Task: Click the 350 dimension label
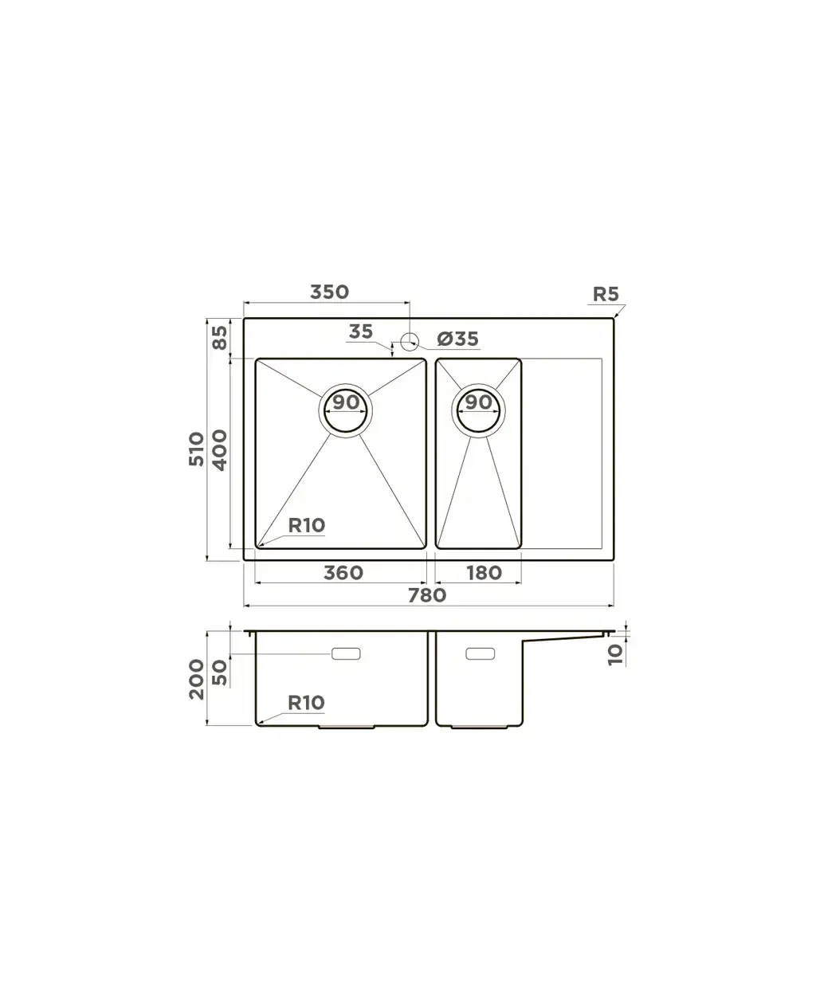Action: pos(329,292)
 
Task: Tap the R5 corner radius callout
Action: pos(606,294)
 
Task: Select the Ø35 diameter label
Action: pos(457,339)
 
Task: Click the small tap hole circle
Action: pos(410,341)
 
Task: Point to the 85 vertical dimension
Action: pos(220,338)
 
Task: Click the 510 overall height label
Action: pos(196,449)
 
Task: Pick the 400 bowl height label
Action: pos(219,450)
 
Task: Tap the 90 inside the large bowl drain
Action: pos(346,402)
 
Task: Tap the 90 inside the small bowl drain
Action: pos(479,402)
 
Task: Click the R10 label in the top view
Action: pos(307,525)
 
